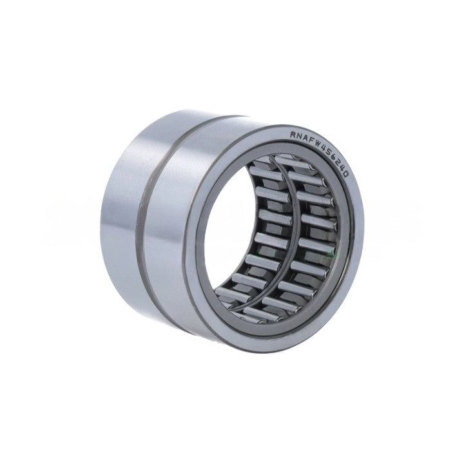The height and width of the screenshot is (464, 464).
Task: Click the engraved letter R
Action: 293,135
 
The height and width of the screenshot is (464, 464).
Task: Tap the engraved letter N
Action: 300,135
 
